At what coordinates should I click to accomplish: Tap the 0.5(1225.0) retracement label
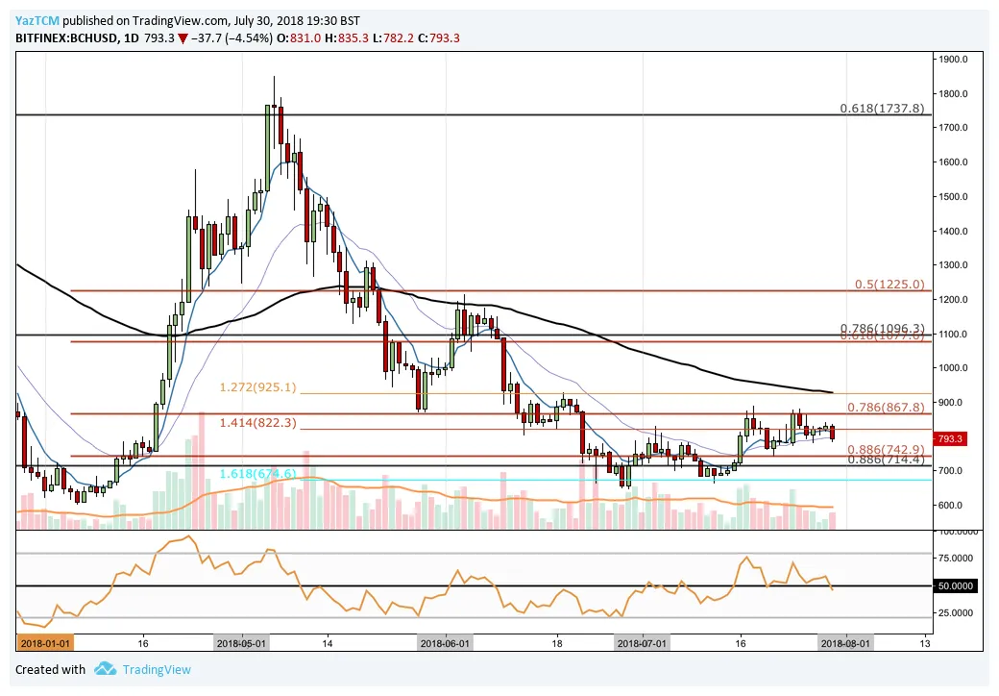pyautogui.click(x=889, y=285)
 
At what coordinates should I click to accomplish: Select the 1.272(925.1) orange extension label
pyautogui.click(x=258, y=387)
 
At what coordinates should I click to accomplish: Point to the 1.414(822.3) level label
pyautogui.click(x=258, y=422)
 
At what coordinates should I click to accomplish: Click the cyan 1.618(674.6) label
pyautogui.click(x=256, y=474)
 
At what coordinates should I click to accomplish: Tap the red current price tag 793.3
pyautogui.click(x=951, y=439)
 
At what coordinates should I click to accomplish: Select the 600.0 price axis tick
pyautogui.click(x=954, y=506)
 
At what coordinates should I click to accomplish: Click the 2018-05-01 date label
pyautogui.click(x=244, y=644)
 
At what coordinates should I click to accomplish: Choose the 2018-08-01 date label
pyautogui.click(x=845, y=644)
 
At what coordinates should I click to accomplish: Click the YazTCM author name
pyautogui.click(x=34, y=20)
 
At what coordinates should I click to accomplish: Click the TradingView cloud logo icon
pyautogui.click(x=106, y=669)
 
